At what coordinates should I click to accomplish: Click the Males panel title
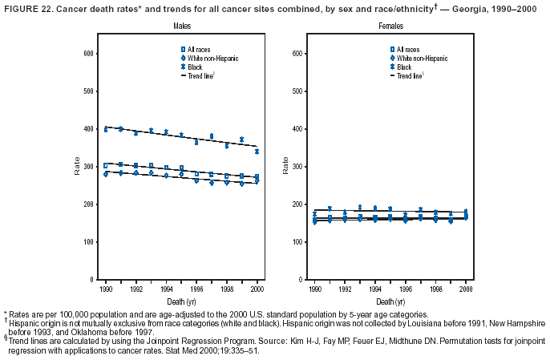click(180, 27)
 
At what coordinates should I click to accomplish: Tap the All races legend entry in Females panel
click(406, 50)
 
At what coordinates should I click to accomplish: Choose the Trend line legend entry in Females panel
click(407, 77)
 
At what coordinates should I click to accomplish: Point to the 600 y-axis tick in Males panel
click(89, 53)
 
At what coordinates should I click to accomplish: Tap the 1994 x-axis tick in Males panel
click(166, 288)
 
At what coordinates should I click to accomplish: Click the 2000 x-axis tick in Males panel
click(257, 288)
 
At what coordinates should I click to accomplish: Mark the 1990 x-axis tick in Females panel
click(315, 288)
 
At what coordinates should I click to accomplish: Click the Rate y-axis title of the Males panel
click(78, 167)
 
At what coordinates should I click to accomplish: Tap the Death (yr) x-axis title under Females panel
click(390, 301)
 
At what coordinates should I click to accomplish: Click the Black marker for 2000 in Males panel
click(257, 152)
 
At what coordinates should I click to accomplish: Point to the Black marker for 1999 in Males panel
click(241, 140)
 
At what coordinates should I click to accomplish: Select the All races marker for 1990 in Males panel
click(105, 166)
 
